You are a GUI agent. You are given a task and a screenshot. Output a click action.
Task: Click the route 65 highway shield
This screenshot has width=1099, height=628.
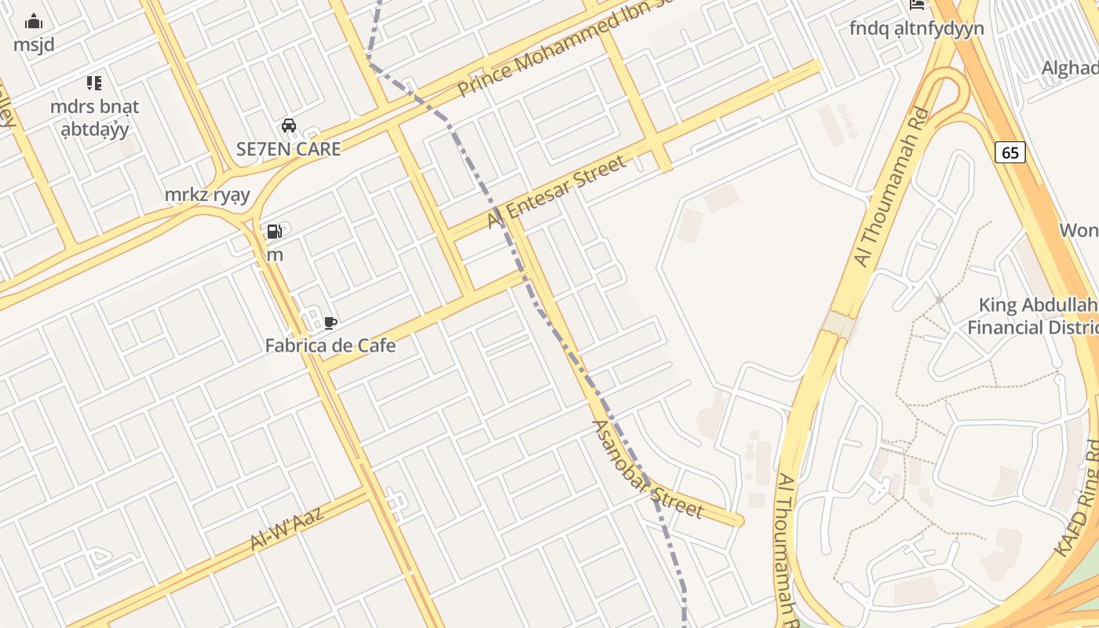pos(1010,152)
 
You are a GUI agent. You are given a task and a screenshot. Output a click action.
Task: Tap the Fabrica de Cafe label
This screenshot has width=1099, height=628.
pos(330,345)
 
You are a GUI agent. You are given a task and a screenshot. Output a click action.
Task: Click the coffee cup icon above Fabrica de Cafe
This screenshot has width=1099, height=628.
pos(330,323)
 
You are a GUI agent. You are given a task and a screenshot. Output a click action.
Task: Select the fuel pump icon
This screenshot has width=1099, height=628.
pos(274,232)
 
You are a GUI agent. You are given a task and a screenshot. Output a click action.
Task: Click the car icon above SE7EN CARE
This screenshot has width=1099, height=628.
pos(289,126)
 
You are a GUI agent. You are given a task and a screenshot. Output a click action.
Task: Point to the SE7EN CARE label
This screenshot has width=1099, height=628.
pos(289,149)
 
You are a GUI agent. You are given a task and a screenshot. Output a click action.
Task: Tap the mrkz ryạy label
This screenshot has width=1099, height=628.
pos(207,195)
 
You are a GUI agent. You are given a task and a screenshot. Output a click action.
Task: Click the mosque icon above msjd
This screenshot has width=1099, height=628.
pos(35,21)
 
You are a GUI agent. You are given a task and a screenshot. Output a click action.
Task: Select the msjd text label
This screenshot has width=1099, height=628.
pos(35,45)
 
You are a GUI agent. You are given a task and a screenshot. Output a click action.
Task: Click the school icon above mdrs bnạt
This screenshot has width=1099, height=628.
pos(94,83)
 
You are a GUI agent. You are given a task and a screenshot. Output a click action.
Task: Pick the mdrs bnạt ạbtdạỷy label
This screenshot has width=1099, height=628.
pos(94,118)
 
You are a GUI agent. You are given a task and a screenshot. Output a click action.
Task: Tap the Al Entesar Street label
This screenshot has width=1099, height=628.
pos(557,192)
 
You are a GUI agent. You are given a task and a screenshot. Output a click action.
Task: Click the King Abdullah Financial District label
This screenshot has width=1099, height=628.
pos(1031,316)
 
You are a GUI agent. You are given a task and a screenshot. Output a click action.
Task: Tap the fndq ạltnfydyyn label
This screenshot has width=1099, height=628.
pos(916,28)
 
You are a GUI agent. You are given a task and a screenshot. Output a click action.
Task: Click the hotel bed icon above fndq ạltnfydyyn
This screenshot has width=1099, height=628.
pos(916,5)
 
